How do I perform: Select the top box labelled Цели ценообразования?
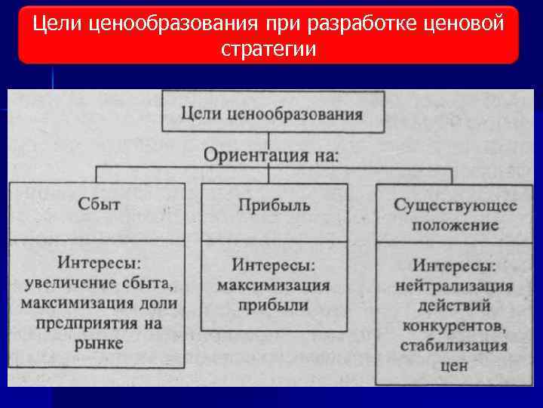[272, 114]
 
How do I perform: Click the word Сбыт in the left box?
[99, 204]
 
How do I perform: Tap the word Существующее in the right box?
[456, 206]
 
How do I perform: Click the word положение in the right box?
[456, 224]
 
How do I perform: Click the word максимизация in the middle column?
[274, 286]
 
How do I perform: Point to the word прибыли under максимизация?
[274, 305]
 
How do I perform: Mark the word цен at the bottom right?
[454, 365]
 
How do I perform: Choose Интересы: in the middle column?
[273, 266]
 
